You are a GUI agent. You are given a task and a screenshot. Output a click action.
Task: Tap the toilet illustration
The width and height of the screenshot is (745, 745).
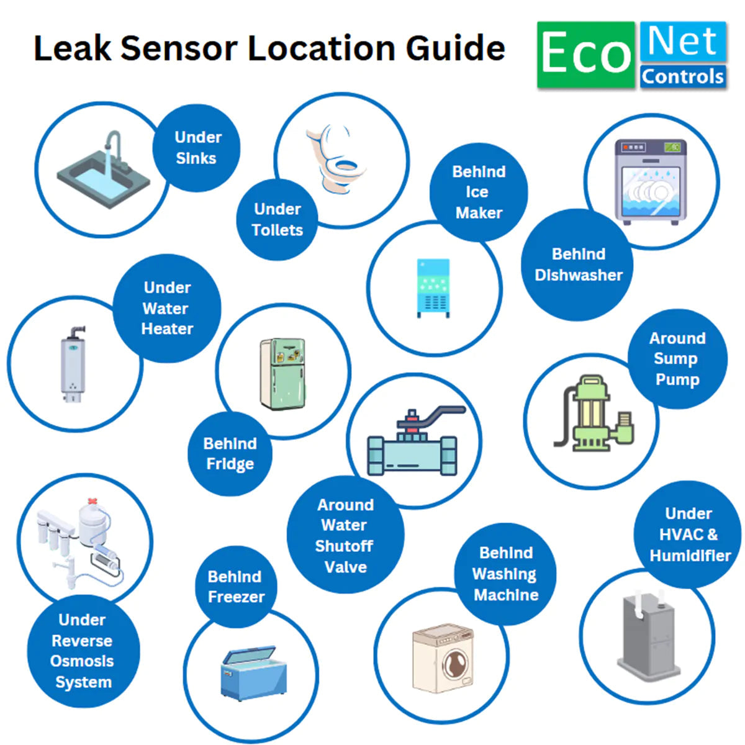coord(336,159)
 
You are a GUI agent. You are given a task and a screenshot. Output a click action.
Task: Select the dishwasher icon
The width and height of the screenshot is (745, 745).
coord(651,181)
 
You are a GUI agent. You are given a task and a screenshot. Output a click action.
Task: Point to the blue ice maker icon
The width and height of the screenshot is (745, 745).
coord(433,287)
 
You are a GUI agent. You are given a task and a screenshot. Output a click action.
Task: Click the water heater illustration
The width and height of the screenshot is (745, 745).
coord(73,363)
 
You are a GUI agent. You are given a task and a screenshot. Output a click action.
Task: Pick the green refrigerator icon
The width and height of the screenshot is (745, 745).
coord(283,374)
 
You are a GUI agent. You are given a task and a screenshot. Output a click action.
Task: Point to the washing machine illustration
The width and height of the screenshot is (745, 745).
coord(443,658)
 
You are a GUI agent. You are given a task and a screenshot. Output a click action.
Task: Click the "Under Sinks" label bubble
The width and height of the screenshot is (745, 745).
coord(197,148)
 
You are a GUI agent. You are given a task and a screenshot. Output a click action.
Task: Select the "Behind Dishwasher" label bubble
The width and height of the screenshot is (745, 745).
coord(577,264)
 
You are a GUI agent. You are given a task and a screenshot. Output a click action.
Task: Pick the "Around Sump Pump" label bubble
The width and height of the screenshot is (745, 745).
coord(677,359)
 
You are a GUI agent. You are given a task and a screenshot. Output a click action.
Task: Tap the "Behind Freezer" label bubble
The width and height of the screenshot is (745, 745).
coord(236,587)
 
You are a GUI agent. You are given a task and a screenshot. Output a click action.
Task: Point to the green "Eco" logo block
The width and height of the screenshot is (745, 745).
coord(586,55)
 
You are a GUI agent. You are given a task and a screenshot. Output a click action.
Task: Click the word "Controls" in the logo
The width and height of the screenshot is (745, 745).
coord(683,76)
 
